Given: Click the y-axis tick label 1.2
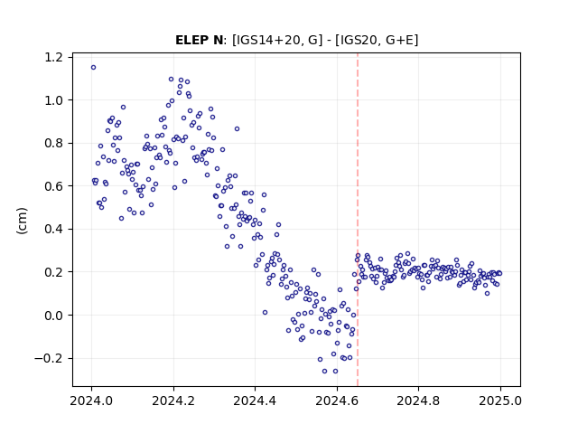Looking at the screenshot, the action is coord(53,57).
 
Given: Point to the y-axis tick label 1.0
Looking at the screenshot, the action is coord(53,100).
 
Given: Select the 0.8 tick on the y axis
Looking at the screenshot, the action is coord(53,143).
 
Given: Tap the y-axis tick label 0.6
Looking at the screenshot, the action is coord(53,186).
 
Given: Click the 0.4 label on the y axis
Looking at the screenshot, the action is coord(53,229).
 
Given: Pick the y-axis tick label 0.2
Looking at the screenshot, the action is coord(53,272).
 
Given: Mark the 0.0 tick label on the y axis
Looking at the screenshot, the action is coord(53,316).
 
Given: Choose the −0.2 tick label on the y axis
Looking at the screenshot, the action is coord(49,358).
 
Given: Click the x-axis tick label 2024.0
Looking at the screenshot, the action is coord(91,401).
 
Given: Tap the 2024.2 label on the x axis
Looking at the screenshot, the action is coord(173,401).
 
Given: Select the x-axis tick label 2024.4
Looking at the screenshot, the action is coord(255,401).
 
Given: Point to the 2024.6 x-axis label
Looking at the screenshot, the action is coord(337,401).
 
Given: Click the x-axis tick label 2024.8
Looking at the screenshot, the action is coord(418,401).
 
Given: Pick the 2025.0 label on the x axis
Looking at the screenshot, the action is coord(500,401).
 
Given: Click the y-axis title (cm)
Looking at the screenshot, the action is coord(22,221).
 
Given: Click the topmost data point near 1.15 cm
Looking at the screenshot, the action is coord(93,67).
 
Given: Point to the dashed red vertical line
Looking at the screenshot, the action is coord(358,220).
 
